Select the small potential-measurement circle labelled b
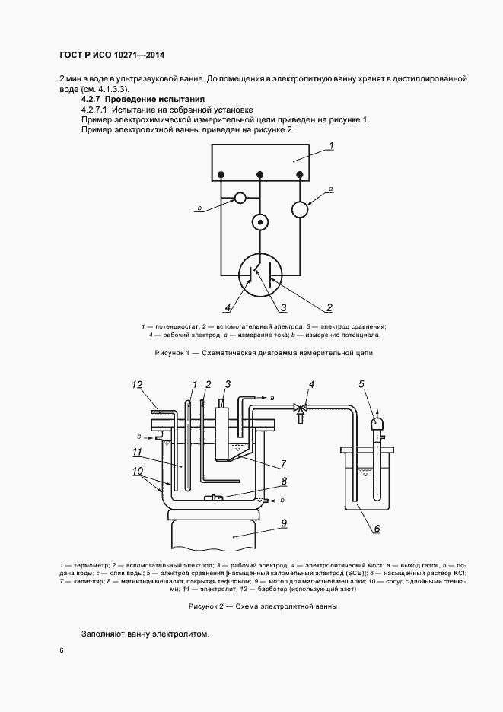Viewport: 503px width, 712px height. (x=240, y=198)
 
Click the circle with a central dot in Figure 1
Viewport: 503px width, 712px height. (x=260, y=223)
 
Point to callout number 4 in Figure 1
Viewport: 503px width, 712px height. (x=228, y=308)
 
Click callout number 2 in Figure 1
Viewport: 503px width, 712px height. (x=329, y=308)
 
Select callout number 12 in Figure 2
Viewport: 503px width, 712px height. (x=138, y=385)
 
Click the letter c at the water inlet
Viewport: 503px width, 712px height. (x=139, y=437)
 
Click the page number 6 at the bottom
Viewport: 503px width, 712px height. (x=61, y=652)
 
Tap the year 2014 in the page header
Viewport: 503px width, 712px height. (x=151, y=56)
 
